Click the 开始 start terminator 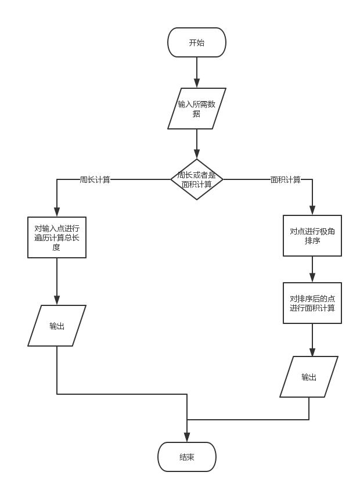196,42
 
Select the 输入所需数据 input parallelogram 196,109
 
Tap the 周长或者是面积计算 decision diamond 196,179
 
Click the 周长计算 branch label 95,179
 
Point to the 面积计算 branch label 286,179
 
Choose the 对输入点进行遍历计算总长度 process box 57,237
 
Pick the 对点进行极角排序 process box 312,236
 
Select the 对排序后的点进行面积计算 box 312,303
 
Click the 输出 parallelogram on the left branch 57,326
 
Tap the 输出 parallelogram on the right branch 309,377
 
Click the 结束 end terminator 187,457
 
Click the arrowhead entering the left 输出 57,301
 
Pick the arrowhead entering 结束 187,438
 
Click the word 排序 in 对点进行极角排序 312,241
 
